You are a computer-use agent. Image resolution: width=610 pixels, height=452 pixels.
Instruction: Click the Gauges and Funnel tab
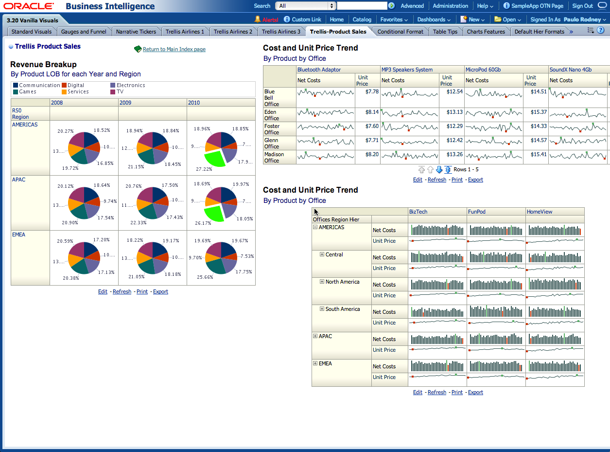point(84,32)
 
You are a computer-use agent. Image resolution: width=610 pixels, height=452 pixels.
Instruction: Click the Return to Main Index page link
point(174,49)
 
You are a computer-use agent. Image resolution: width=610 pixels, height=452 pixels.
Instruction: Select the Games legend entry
point(28,91)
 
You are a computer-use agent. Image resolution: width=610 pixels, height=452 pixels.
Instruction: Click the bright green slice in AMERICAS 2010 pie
point(214,159)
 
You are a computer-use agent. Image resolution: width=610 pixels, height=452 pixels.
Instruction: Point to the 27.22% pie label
point(204,169)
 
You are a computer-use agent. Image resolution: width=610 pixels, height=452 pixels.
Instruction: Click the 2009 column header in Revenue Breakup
point(125,103)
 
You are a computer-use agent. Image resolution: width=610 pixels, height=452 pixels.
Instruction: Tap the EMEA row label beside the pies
point(18,235)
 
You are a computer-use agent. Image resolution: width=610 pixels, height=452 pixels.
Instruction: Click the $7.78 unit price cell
point(371,91)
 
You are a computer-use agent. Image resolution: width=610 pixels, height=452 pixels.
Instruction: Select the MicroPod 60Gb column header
point(483,70)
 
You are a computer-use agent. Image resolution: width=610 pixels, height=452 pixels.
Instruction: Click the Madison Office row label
point(274,157)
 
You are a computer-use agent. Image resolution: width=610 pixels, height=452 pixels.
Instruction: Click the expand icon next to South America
point(322,309)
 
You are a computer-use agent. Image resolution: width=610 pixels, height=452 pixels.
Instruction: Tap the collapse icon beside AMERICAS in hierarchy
point(315,227)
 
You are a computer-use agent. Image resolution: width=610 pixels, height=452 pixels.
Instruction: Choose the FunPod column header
point(476,212)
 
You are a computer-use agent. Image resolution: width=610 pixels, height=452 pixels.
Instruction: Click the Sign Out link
point(582,6)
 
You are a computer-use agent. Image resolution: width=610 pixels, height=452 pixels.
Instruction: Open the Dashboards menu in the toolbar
point(434,19)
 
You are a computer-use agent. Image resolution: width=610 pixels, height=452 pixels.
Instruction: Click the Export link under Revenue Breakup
point(160,291)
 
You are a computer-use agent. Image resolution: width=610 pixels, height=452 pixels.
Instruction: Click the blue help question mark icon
point(601,30)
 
